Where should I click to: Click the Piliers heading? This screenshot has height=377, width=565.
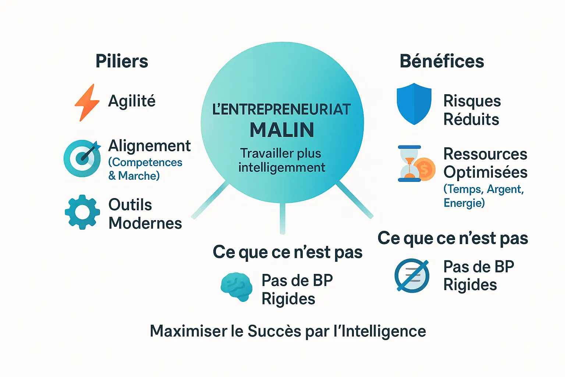tap(122, 61)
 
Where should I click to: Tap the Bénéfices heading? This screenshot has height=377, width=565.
tap(442, 61)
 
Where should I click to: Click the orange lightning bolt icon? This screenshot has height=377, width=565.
tap(87, 102)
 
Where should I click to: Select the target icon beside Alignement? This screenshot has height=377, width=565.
tap(82, 158)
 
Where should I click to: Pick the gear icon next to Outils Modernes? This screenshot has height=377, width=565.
tap(82, 212)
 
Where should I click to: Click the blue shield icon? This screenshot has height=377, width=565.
tap(414, 103)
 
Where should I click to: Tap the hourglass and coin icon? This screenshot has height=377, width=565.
tap(416, 164)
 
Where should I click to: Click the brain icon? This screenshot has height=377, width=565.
tap(237, 287)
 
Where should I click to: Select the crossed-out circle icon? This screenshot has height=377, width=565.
tap(412, 275)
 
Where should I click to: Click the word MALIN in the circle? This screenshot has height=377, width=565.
tap(282, 130)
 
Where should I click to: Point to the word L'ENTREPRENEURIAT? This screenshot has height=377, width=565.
tap(282, 109)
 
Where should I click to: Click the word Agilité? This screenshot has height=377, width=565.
tap(132, 101)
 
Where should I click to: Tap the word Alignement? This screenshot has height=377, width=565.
tap(149, 146)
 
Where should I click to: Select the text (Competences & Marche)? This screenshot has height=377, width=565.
tap(145, 169)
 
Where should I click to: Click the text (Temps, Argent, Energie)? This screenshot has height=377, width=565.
tap(483, 196)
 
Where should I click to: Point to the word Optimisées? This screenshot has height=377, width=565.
tap(485, 172)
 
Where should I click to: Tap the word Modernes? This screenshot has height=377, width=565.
tap(145, 223)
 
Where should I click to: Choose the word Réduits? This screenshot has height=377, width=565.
tap(471, 119)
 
